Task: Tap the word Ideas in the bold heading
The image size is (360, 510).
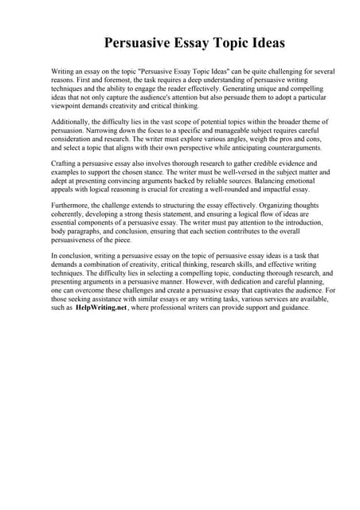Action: [x=261, y=41]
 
